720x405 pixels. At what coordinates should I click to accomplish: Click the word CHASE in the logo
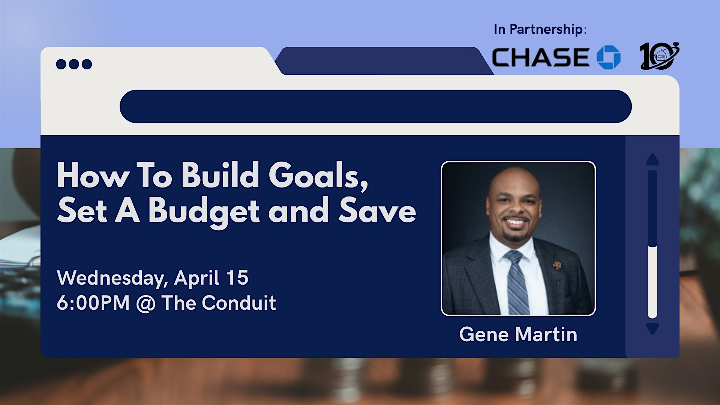(540, 57)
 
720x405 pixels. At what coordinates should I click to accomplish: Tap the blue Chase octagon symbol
(609, 57)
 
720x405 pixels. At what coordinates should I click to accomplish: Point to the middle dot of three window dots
(74, 64)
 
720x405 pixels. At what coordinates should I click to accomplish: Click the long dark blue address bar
(375, 106)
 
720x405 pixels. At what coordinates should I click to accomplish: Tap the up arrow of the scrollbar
(652, 159)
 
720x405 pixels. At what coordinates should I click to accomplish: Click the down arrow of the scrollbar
(652, 328)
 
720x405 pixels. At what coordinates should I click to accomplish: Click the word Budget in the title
(204, 212)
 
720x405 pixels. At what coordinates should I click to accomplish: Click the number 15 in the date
(237, 278)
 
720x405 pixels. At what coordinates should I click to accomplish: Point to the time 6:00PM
(93, 303)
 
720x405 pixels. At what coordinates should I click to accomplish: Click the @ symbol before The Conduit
(145, 303)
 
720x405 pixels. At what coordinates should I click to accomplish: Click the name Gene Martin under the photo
(518, 334)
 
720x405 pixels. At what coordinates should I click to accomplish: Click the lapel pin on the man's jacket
(557, 265)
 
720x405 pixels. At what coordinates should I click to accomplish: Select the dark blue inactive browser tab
(384, 61)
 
